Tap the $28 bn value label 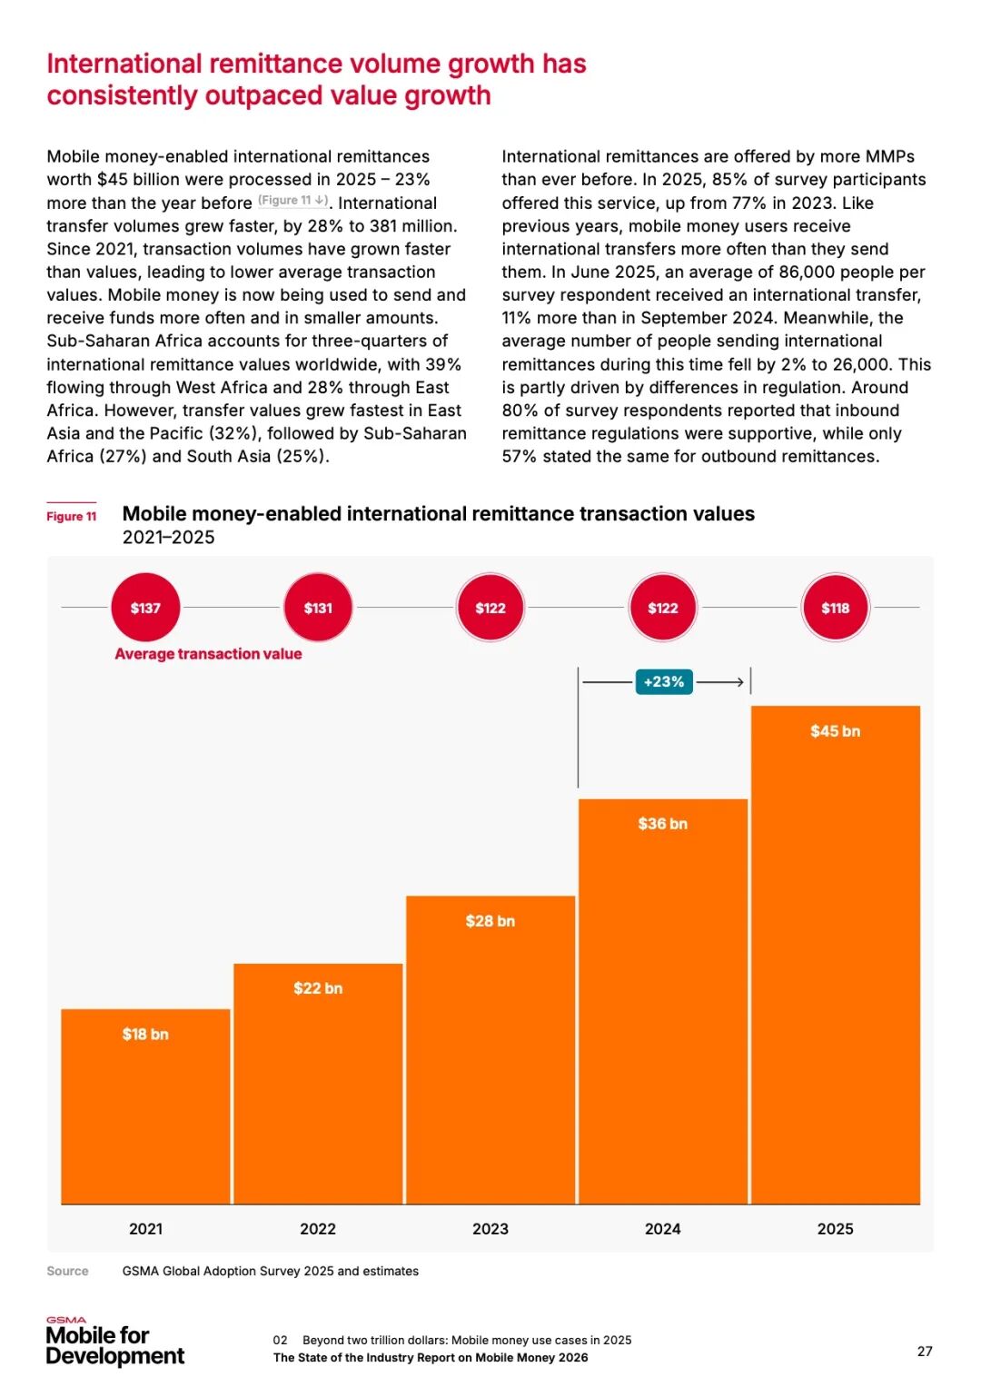490,921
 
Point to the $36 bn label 662,824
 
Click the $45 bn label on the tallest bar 835,731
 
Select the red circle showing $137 145,608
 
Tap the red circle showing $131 318,608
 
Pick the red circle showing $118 835,608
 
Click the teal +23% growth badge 664,681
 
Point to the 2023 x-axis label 490,1229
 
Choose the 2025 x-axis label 835,1229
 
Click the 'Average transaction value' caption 208,654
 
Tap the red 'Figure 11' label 72,517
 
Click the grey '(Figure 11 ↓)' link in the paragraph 292,201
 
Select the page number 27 925,1352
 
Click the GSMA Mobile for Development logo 114,1342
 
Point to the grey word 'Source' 68,1272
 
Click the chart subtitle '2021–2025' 169,538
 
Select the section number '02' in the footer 280,1341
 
